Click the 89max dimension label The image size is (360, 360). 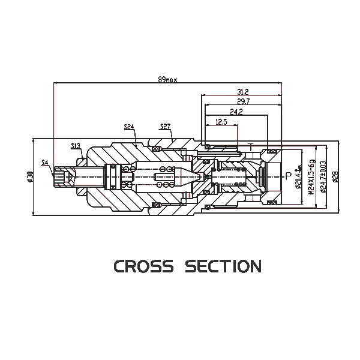(167, 79)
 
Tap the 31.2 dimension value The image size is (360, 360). (243, 91)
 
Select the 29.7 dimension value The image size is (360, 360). (243, 101)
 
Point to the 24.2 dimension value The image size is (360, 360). (236, 112)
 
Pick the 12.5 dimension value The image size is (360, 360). (221, 122)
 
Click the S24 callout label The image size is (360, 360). (129, 127)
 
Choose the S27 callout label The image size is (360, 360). (166, 127)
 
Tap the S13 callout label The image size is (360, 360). (76, 146)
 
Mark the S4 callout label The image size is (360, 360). (45, 163)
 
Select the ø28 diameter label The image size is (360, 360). (335, 176)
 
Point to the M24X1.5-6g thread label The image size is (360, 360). (311, 176)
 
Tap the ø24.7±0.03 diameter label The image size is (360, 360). (323, 176)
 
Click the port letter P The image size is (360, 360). (288, 176)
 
